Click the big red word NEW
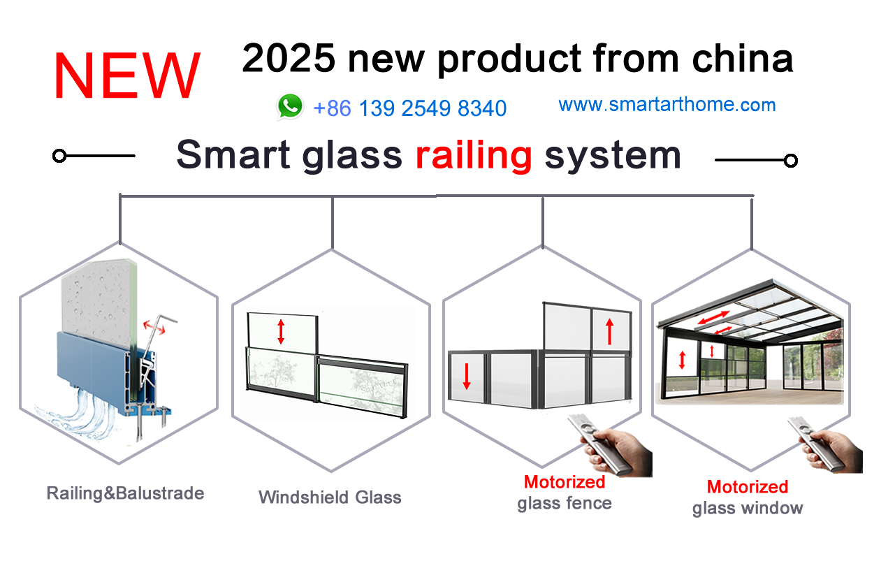pos(126,76)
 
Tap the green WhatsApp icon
pos(290,107)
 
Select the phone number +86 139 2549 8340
pos(410,108)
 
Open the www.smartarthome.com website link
pos(667,105)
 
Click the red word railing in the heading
pos(474,154)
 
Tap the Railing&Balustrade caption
pos(125,493)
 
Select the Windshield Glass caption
pos(330,497)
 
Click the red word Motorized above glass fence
pos(564,482)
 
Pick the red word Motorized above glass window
pos(747,487)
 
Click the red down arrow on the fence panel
pos(467,374)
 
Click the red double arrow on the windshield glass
pos(281,331)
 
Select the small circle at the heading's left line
pos(59,156)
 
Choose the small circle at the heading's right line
pos(791,161)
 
